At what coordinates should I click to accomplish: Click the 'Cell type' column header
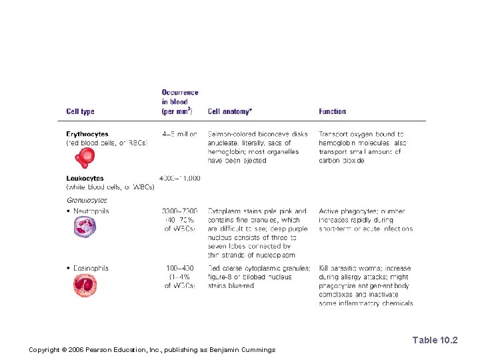click(x=80, y=111)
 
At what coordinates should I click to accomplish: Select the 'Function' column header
click(x=332, y=111)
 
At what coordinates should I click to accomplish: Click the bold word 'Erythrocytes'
click(x=87, y=134)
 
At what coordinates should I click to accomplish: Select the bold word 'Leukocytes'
click(x=85, y=178)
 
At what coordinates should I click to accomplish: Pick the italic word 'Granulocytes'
click(x=87, y=200)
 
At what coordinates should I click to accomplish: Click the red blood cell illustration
click(x=85, y=158)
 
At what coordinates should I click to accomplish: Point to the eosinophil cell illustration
click(x=85, y=286)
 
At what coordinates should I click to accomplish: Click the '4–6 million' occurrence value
click(x=179, y=134)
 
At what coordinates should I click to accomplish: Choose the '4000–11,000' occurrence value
click(x=179, y=178)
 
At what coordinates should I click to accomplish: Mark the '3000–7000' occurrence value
click(x=180, y=211)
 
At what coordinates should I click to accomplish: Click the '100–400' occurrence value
click(x=180, y=268)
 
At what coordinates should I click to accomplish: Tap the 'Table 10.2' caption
click(x=435, y=340)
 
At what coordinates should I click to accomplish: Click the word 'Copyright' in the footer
click(x=44, y=350)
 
